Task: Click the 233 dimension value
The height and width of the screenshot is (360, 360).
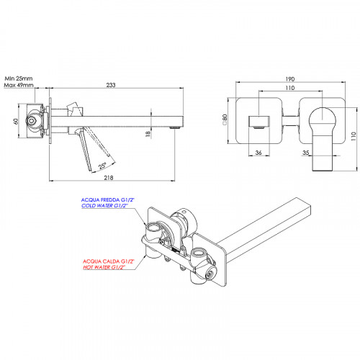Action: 111,85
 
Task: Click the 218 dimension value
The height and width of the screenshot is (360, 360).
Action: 109,178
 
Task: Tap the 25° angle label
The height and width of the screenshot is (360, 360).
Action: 102,166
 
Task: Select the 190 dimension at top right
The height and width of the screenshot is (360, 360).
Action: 290,79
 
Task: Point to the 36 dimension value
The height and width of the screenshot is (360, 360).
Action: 258,153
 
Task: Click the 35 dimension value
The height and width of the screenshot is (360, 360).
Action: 306,153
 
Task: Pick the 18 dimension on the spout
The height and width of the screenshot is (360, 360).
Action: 148,134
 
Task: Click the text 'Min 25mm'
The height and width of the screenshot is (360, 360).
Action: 19,78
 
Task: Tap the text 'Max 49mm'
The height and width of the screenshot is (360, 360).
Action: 19,85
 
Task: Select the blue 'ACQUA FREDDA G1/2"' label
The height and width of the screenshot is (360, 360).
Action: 109,199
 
